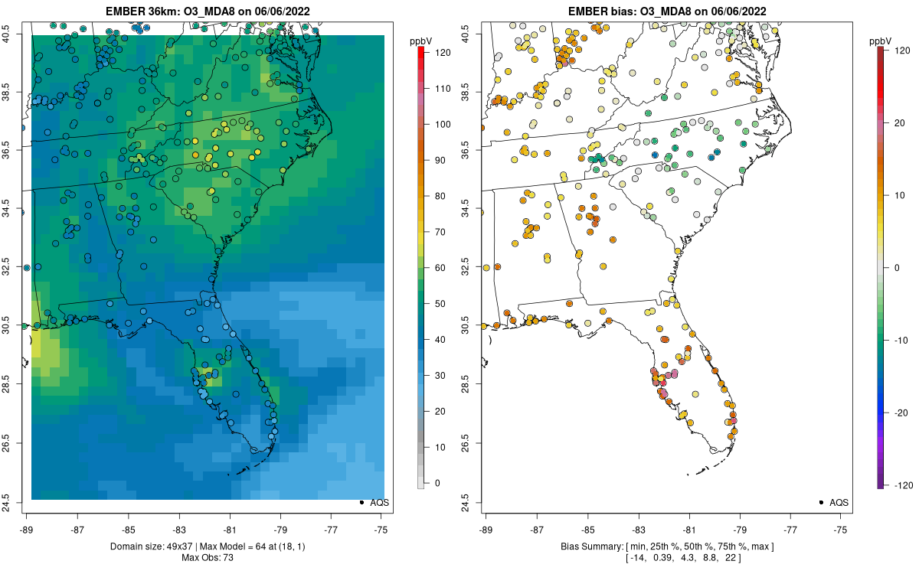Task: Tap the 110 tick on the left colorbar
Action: [440, 88]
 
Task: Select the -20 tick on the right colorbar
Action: [901, 412]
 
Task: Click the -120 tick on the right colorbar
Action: [904, 484]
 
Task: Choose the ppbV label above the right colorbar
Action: [880, 41]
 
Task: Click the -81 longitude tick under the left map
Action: [230, 529]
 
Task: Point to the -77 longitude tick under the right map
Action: [790, 529]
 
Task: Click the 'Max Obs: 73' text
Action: [208, 558]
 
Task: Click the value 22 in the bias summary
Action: [731, 558]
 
